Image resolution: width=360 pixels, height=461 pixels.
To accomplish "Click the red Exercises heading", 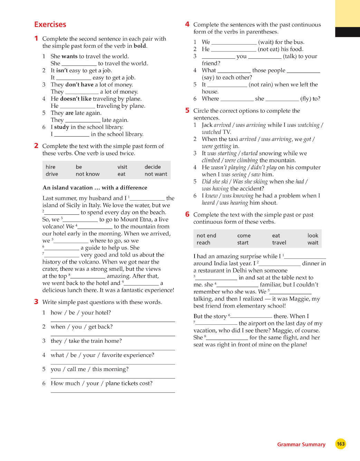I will (x=50, y=25).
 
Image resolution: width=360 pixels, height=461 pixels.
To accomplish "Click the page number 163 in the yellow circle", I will (x=341, y=444).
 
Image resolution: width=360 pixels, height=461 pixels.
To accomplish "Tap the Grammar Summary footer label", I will (x=301, y=444).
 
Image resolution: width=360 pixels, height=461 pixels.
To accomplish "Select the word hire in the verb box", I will (x=50, y=167).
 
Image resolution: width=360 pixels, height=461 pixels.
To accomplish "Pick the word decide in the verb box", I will (x=153, y=167).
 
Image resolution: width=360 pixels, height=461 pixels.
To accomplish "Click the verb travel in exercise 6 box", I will (x=279, y=243).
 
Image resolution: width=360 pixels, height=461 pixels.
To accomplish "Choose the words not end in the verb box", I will (x=206, y=236).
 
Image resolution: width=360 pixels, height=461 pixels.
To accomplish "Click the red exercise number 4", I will (x=187, y=24).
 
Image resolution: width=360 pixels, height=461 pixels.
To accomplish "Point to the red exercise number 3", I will (x=36, y=302).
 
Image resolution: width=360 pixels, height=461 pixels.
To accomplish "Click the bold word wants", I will (x=69, y=56).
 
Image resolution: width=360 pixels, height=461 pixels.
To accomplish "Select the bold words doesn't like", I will (x=76, y=99).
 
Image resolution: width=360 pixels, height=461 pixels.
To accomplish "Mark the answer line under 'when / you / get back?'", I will (x=113, y=335).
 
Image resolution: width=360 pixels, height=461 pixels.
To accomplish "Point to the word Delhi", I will (x=240, y=270).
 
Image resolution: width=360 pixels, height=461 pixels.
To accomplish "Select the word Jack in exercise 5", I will (x=207, y=125).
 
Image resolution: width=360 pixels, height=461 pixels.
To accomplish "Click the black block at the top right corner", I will (x=347, y=32).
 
